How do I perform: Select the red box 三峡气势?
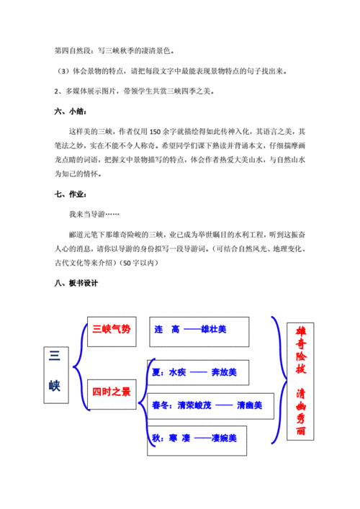coord(112,329)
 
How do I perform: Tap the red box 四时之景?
coord(112,392)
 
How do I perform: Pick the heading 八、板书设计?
coord(76,282)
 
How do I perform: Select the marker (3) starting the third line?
coord(61,72)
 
